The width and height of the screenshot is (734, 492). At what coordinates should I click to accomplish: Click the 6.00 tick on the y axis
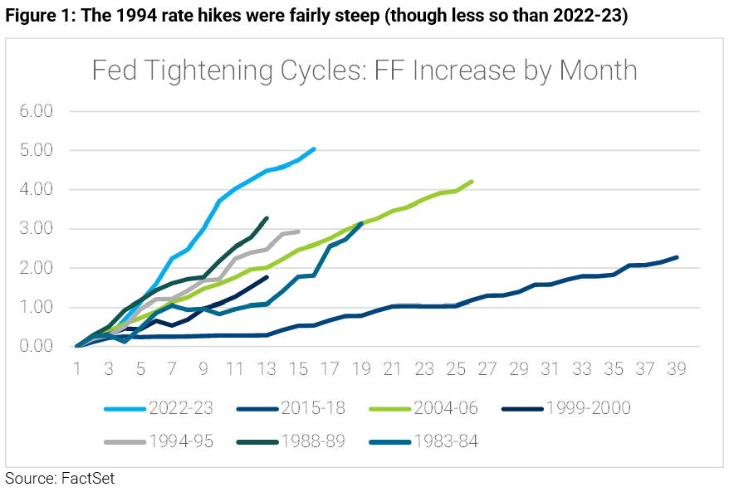(37, 111)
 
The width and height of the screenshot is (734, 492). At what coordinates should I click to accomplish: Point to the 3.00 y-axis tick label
(37, 229)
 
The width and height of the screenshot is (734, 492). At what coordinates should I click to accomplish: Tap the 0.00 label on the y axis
(37, 347)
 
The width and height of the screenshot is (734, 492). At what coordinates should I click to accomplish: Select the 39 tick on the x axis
(677, 369)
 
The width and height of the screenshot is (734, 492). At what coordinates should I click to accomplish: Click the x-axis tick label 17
(330, 369)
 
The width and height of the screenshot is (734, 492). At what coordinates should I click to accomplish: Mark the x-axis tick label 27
(487, 369)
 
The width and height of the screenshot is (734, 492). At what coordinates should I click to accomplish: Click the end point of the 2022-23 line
(314, 149)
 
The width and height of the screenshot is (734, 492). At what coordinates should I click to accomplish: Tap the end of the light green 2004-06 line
(472, 181)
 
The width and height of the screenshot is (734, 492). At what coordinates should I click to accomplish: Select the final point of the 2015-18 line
(677, 257)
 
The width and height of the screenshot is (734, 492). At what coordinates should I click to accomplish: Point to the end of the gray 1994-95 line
(298, 231)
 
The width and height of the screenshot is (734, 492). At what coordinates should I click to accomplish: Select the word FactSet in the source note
(87, 479)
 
